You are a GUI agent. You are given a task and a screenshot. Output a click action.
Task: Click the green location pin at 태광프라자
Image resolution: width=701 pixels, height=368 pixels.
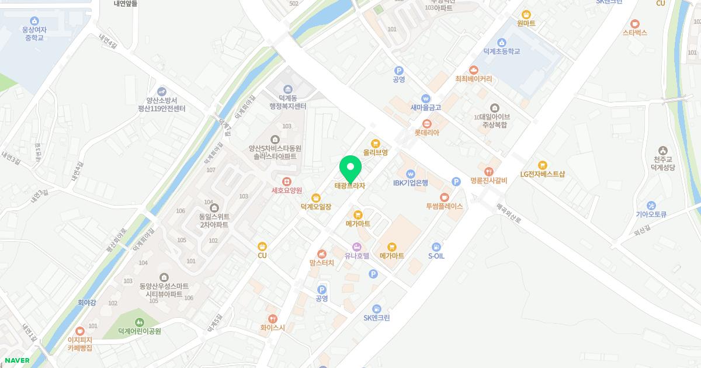tap(350, 169)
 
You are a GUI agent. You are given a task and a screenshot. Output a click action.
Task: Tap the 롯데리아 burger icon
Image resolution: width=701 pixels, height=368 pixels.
tap(427, 123)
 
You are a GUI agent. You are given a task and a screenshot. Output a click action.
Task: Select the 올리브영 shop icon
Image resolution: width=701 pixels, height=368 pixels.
tap(376, 143)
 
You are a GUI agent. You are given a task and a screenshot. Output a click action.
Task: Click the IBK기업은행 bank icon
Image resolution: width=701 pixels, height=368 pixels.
tap(411, 174)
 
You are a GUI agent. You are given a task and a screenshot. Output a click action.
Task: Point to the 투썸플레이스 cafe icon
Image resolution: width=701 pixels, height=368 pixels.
tap(445, 197)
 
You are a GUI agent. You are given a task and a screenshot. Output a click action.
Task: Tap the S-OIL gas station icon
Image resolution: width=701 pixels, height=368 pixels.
tap(436, 247)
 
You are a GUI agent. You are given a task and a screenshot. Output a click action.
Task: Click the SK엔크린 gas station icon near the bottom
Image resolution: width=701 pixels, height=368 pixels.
tap(377, 308)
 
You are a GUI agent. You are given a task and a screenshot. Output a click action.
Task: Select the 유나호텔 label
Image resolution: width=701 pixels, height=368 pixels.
tap(356, 255)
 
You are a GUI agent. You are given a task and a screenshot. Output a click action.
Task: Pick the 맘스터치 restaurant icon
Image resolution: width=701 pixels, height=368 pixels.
tap(321, 254)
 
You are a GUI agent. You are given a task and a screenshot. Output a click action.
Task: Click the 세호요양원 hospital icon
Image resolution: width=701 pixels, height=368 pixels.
tap(286, 181)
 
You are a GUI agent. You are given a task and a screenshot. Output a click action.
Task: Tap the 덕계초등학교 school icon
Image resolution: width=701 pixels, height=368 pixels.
tap(501, 42)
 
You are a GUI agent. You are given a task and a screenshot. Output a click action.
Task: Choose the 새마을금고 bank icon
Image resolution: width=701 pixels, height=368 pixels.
tap(425, 98)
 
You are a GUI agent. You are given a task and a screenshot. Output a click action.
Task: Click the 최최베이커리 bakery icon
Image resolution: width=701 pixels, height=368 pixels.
tap(474, 70)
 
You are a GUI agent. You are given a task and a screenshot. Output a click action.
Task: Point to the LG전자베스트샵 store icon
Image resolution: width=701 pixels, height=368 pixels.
tap(542, 165)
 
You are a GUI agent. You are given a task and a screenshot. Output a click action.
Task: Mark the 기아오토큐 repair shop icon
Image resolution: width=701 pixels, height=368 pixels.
tap(651, 205)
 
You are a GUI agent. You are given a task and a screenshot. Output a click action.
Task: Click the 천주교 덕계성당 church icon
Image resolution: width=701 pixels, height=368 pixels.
tap(662, 151)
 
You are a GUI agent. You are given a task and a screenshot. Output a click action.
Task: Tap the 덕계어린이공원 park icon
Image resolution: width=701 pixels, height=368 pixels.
tap(139, 322)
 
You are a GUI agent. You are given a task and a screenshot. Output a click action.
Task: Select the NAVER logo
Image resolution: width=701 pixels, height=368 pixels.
tap(17, 360)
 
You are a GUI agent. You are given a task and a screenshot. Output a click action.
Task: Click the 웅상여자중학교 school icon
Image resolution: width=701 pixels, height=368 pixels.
tap(34, 20)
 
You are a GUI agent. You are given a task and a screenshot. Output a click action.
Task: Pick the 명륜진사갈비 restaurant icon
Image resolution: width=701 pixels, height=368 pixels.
tap(488, 172)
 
